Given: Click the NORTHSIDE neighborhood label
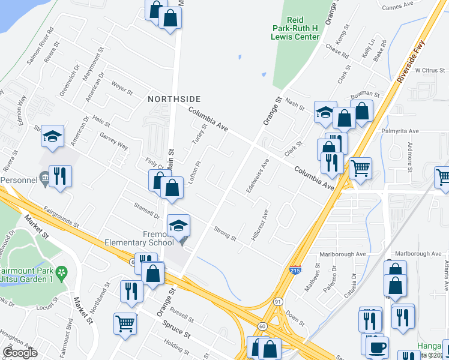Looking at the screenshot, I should pyautogui.click(x=175, y=98).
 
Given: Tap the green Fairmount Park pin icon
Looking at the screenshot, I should pyautogui.click(x=61, y=272).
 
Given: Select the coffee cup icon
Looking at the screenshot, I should pyautogui.click(x=377, y=347).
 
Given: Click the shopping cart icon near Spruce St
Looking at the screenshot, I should pyautogui.click(x=125, y=323).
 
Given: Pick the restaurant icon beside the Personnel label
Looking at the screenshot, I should pyautogui.click(x=60, y=176).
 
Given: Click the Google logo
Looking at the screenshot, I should pyautogui.click(x=20, y=353).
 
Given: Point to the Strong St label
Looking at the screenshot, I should pyautogui.click(x=225, y=234).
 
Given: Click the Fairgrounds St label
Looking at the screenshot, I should pyautogui.click(x=61, y=217).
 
